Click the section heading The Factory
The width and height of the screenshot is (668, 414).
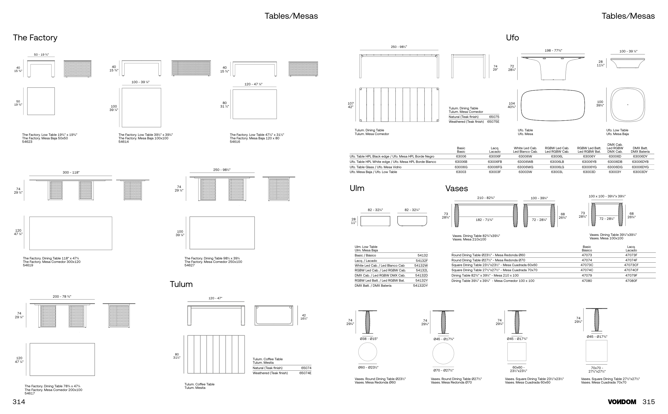click(x=35, y=37)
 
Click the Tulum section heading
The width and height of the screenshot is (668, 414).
click(x=181, y=284)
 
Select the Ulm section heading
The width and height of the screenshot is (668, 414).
click(x=357, y=188)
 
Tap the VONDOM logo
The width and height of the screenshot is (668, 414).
click(x=622, y=402)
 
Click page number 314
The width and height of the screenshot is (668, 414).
click(x=19, y=402)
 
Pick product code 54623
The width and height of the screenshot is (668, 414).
click(x=27, y=142)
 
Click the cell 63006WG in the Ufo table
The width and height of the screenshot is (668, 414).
click(x=525, y=167)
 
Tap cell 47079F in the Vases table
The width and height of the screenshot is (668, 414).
click(x=631, y=275)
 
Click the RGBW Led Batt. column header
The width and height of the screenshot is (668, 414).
click(x=589, y=150)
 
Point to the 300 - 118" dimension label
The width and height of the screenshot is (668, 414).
click(x=71, y=172)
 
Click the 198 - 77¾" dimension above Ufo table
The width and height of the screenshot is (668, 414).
click(x=553, y=51)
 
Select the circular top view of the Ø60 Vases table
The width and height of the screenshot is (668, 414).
click(x=367, y=352)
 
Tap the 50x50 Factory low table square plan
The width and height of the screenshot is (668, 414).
click(x=41, y=101)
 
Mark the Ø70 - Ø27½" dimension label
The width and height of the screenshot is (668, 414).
click(x=443, y=370)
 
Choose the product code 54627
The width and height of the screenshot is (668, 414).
click(x=189, y=265)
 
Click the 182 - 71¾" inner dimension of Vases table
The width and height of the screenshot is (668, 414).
click(x=484, y=220)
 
